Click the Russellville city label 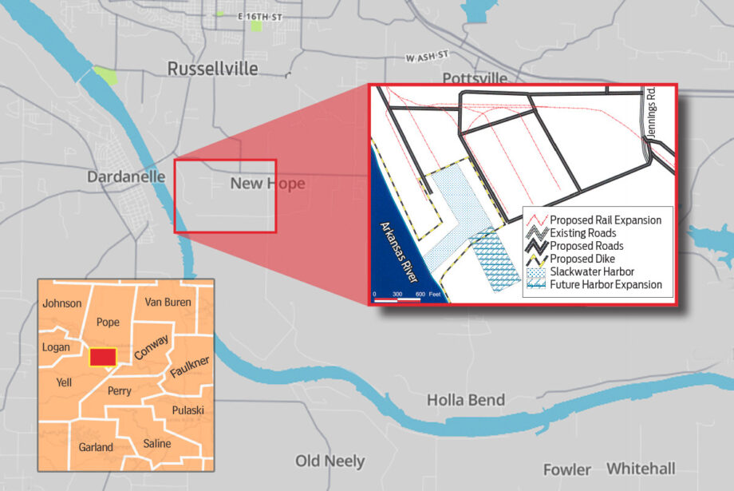click(212, 69)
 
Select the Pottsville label click(475, 78)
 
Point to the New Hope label click(267, 184)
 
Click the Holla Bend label click(465, 400)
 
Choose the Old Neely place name click(330, 461)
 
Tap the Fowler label click(566, 469)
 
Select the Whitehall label click(641, 468)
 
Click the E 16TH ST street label click(261, 16)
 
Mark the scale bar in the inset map click(397, 300)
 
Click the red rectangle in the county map click(102, 356)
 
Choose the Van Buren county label click(168, 303)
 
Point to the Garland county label click(96, 447)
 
